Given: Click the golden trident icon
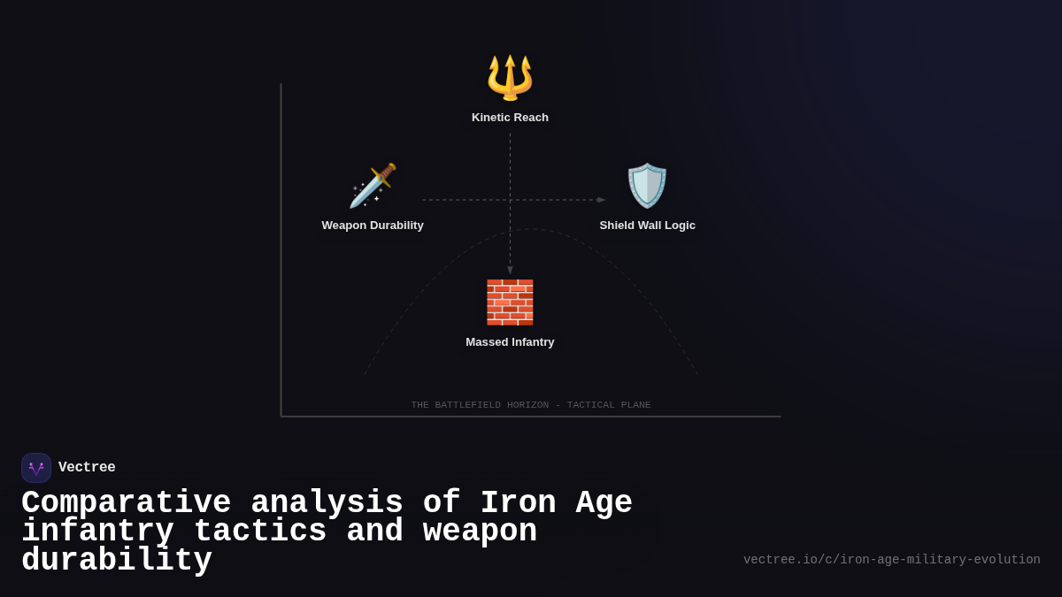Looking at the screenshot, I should point(510,77).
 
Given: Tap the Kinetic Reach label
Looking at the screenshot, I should point(510,118).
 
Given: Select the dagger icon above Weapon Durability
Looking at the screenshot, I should point(373,186).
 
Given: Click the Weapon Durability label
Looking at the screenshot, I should point(373,226).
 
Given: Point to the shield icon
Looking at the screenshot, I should point(647,186).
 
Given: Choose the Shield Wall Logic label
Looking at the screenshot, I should point(647,226).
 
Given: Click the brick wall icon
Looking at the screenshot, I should point(510,302).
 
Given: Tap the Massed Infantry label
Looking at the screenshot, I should point(510,342).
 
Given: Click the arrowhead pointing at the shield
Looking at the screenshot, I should point(602,200).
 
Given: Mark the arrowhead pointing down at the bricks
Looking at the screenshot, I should point(510,271).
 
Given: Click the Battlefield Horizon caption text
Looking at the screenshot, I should point(531,405).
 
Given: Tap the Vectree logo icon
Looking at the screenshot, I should point(36,468).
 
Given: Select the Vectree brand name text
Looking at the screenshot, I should point(87,468).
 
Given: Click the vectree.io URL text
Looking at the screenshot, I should point(891,560).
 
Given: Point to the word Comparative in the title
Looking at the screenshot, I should point(126,503).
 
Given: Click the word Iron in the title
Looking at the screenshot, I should point(518,503).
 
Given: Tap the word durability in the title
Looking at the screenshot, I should point(117,561).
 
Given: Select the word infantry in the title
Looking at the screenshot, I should point(97,532).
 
